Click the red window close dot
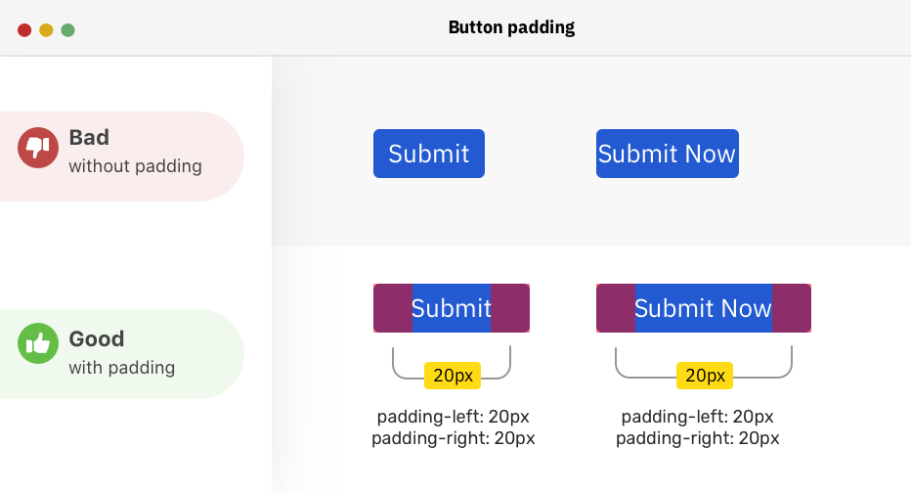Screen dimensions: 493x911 click(24, 30)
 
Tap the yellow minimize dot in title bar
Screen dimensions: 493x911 click(46, 30)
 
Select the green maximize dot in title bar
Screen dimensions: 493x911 click(68, 30)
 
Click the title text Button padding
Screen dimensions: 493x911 click(511, 27)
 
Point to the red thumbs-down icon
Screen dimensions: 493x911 click(37, 148)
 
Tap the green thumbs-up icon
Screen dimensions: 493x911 click(37, 343)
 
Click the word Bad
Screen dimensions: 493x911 click(89, 138)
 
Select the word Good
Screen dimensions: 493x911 click(96, 339)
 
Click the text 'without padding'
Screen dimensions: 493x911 click(135, 166)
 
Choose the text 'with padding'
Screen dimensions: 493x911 click(121, 368)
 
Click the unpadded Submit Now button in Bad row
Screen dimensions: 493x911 click(667, 154)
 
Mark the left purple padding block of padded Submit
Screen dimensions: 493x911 click(393, 308)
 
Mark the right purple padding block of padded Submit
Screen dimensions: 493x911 click(510, 308)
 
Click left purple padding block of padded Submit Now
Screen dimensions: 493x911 click(616, 308)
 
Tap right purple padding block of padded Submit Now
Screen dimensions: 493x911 click(792, 308)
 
